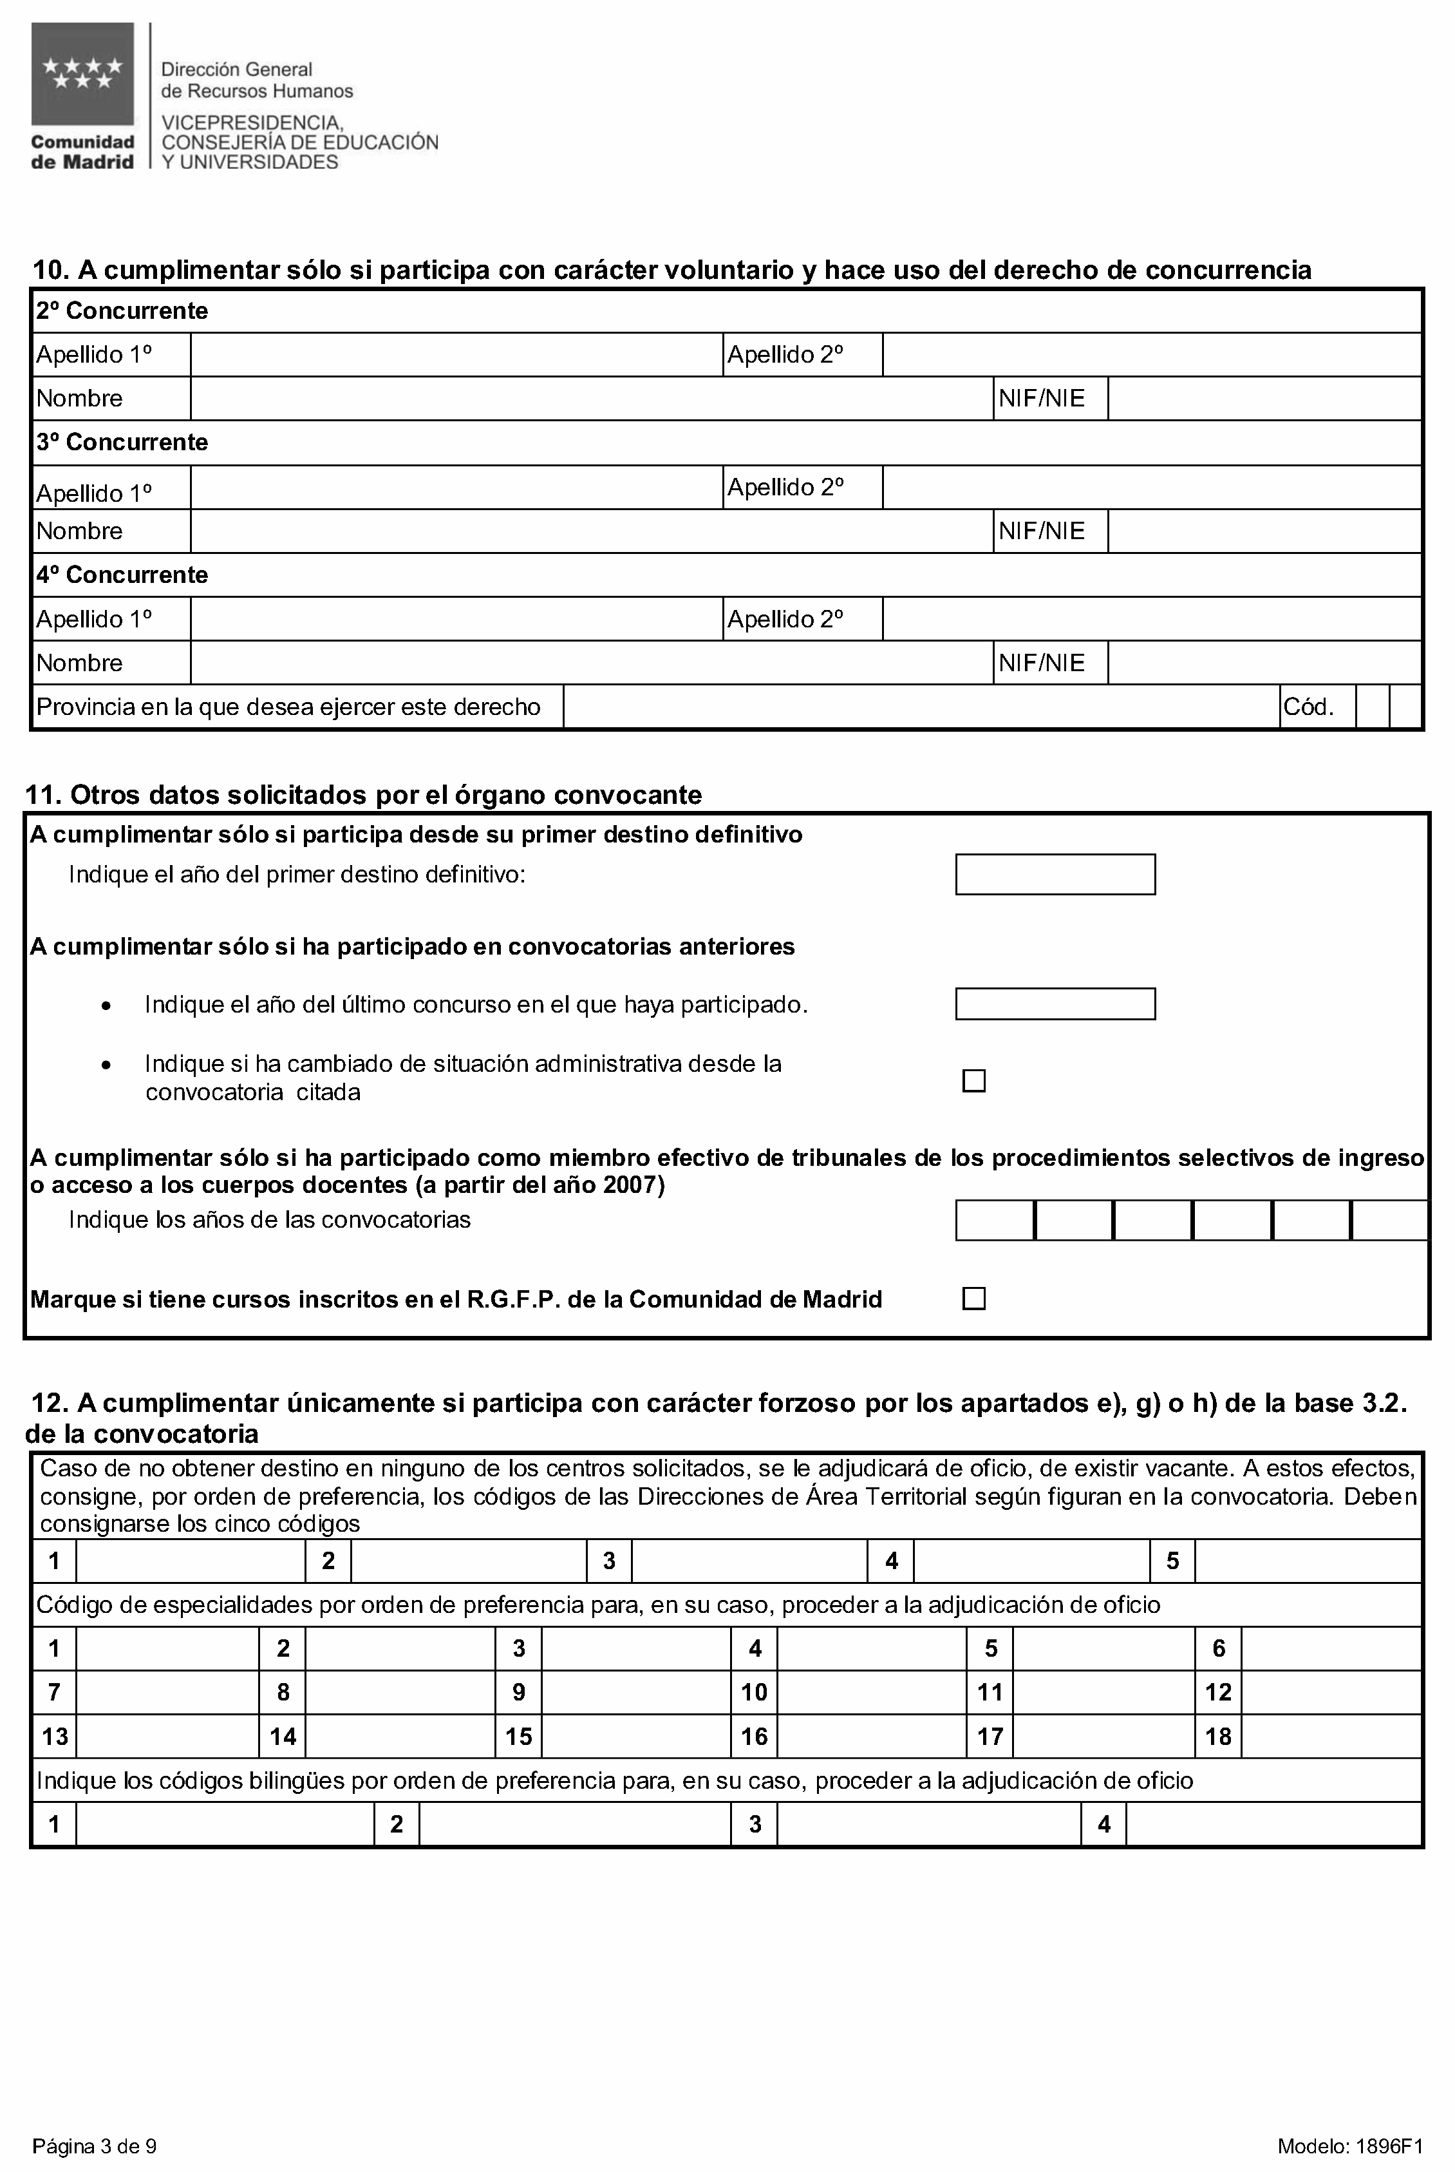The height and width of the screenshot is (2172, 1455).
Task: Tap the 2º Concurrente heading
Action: [122, 311]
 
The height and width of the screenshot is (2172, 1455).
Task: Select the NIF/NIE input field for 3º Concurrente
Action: [1264, 531]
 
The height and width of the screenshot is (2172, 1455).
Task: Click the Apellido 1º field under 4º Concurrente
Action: [456, 619]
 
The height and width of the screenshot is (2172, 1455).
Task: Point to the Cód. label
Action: [1308, 707]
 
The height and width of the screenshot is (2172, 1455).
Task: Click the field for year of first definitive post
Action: [1055, 874]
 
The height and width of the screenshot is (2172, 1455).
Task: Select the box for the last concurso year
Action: [1055, 1004]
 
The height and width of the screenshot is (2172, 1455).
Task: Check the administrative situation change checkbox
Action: [973, 1080]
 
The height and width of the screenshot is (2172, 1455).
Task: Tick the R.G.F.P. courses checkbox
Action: [973, 1299]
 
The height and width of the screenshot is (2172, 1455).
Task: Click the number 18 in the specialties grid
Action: [1217, 1736]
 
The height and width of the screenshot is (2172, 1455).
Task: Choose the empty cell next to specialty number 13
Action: [167, 1736]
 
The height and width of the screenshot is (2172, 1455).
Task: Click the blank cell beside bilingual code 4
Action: [1273, 1824]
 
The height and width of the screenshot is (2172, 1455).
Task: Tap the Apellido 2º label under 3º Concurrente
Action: [785, 488]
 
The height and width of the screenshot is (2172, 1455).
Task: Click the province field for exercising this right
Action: [921, 707]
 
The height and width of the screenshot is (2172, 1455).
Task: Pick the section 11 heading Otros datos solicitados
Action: [363, 795]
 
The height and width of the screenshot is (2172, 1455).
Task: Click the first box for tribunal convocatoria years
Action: [995, 1220]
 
